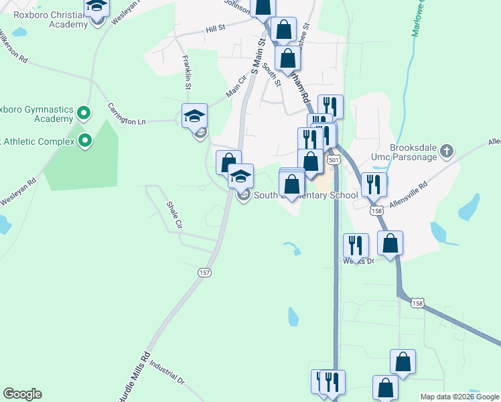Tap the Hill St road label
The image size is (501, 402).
tap(216, 29)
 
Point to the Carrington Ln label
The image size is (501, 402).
tap(127, 114)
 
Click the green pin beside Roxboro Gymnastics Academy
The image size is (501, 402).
tap(84, 113)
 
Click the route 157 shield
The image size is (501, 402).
tap(205, 272)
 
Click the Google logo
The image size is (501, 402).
tap(22, 394)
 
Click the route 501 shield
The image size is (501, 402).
tap(333, 160)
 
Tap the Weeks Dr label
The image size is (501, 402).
tap(358, 261)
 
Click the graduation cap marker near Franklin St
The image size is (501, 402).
tap(195, 116)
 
